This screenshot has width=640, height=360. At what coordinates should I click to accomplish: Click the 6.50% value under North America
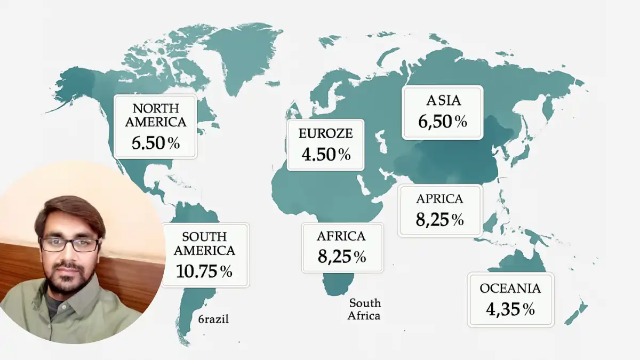(x=155, y=143)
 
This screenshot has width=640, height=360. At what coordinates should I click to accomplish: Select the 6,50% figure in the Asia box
(x=442, y=122)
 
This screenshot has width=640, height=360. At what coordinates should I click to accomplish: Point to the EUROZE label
(x=325, y=133)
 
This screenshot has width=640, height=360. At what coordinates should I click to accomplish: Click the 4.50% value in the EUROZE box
(x=325, y=155)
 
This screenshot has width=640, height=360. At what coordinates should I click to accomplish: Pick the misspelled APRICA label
(x=439, y=199)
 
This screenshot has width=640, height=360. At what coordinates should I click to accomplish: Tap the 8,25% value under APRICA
(x=439, y=219)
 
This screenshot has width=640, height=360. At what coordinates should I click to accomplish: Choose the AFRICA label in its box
(x=341, y=236)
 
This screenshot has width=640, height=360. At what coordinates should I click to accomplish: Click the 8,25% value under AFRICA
(x=341, y=257)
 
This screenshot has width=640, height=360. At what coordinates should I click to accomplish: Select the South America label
(x=204, y=243)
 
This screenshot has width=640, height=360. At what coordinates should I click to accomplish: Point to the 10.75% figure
(x=204, y=271)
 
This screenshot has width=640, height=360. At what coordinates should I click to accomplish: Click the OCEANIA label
(x=510, y=289)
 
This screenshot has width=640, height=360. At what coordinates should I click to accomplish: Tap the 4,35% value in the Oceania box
(x=510, y=309)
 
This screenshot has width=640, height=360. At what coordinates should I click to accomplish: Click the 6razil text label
(x=213, y=319)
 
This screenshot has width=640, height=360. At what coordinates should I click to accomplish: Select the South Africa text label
(x=365, y=309)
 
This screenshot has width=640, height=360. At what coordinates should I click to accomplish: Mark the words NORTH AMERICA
(x=155, y=115)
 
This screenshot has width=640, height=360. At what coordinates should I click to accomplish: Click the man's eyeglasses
(x=69, y=245)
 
